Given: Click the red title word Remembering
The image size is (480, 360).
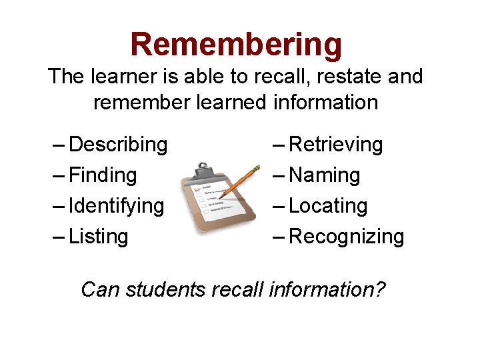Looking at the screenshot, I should pos(236,45).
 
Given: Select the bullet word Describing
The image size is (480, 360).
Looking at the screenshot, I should pos(118,145).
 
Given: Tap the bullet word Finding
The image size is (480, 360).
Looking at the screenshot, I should pos(103,175).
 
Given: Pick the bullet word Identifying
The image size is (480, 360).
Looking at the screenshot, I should pos(116,206).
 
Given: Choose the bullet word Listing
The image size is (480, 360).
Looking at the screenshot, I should pos(98,237).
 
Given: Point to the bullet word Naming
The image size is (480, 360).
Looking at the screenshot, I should pos(325,175).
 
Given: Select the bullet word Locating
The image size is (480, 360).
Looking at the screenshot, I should pos(328,206).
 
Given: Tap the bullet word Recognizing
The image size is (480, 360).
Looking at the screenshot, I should pos(346,237).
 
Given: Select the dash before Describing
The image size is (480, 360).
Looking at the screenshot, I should pos(59,145).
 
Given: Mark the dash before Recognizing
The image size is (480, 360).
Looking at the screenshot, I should pos(279,237).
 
